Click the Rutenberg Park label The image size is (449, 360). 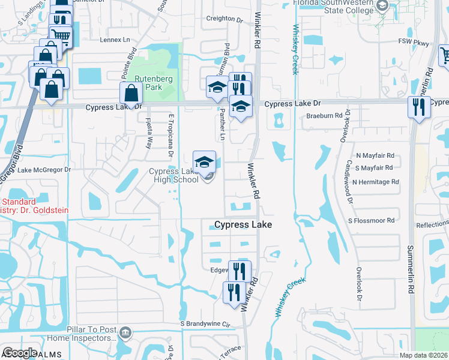pos(149,83)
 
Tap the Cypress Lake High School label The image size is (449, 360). pos(173,176)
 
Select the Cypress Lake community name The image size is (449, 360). pos(243,224)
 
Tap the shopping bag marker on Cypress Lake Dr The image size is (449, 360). pos(131,94)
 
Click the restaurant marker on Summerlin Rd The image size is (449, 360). pos(418,107)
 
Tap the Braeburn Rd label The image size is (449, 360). pos(324,115)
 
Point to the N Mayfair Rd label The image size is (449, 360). pos(375,155)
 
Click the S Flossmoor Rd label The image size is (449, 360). pos(371,221)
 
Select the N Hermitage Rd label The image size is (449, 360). pos(375,182)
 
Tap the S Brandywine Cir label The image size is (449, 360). pos(206,325)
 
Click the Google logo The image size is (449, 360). pos(19,353)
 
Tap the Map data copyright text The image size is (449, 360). pos(424,355)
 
